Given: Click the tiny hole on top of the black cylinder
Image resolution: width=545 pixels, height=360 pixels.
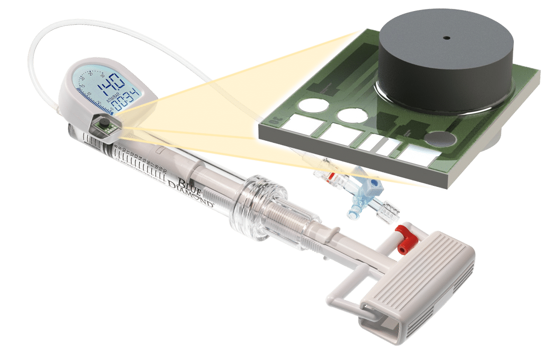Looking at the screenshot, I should (446, 38).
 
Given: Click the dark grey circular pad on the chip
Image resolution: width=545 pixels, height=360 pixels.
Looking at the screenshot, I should (440, 139).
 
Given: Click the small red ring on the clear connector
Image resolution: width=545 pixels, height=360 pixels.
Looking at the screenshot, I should (332, 176).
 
